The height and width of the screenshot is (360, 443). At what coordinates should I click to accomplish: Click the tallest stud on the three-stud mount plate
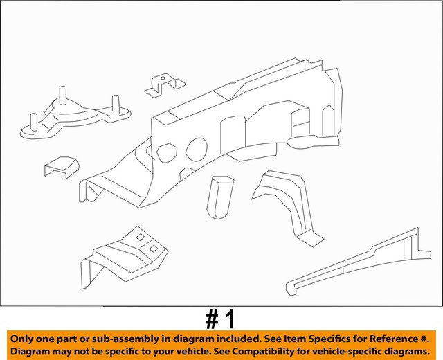tap(63, 96)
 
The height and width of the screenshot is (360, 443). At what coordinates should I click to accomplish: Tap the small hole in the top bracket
tap(163, 78)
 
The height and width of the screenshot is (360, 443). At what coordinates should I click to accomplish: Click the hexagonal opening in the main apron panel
tap(167, 153)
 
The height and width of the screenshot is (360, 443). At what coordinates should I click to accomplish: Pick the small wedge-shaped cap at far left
tap(62, 167)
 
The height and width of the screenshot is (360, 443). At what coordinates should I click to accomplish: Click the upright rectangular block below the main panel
tap(220, 197)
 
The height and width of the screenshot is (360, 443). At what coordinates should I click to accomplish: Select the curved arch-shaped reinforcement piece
tap(288, 206)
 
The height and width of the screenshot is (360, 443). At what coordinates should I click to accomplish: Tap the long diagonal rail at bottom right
tap(359, 262)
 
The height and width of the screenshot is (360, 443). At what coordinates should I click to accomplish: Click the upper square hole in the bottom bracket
tap(141, 237)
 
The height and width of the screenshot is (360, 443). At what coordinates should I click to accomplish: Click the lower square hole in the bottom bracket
tap(154, 249)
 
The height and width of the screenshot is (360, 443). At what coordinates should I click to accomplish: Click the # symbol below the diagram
tap(213, 320)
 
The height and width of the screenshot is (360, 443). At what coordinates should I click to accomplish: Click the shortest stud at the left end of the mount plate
tap(34, 122)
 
